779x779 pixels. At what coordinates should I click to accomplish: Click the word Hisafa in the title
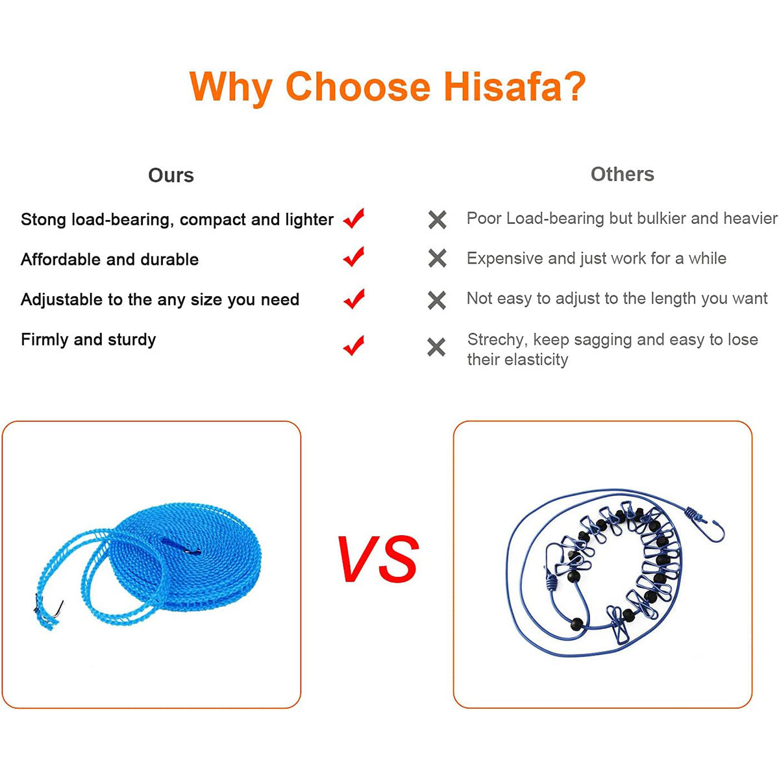(x=503, y=87)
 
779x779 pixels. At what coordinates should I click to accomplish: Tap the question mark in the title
(x=575, y=86)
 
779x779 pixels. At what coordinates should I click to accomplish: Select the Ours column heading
(x=171, y=175)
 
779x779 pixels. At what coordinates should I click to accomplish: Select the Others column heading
(x=622, y=175)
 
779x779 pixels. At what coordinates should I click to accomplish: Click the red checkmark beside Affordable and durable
(x=354, y=256)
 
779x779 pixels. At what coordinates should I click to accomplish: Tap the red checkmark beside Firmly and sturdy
(x=354, y=345)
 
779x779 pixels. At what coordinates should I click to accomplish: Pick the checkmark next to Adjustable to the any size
(x=354, y=299)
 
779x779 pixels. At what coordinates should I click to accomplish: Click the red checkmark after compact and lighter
(x=354, y=218)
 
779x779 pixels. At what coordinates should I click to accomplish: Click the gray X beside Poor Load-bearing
(x=437, y=220)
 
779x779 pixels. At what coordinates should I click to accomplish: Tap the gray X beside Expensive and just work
(x=437, y=258)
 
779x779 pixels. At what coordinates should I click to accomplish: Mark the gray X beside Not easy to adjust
(x=437, y=301)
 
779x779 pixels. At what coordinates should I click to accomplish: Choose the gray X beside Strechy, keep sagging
(x=436, y=347)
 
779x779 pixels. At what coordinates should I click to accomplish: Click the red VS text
(x=378, y=559)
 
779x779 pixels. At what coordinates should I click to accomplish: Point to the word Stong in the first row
(x=43, y=219)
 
